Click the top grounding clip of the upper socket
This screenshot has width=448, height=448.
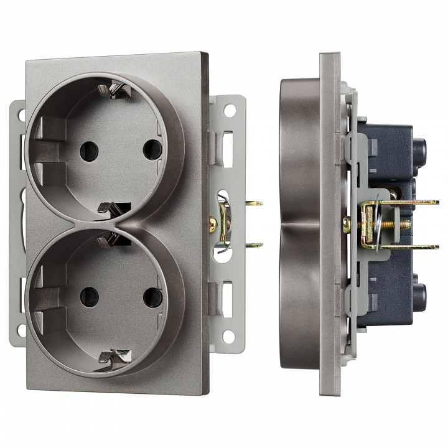[x=118, y=91]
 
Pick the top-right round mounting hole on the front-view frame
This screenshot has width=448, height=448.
[x=230, y=110]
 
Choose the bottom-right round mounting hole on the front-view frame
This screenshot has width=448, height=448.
[x=229, y=336]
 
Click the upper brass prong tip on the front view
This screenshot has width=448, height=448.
[x=256, y=203]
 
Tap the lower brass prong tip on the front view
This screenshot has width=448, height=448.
[x=256, y=245]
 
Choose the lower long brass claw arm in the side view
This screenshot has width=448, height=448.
[x=411, y=247]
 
